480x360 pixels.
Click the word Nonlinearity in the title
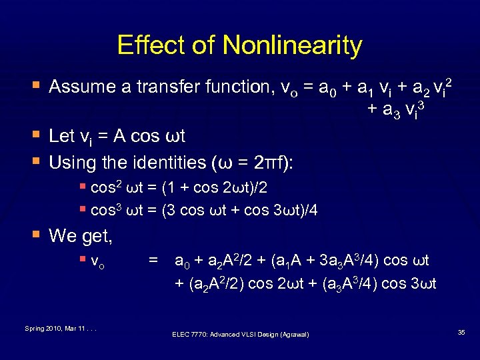click(293, 45)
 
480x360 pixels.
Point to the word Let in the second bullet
click(61, 136)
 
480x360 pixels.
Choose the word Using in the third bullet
click(74, 162)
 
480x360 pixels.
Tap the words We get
click(81, 235)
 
